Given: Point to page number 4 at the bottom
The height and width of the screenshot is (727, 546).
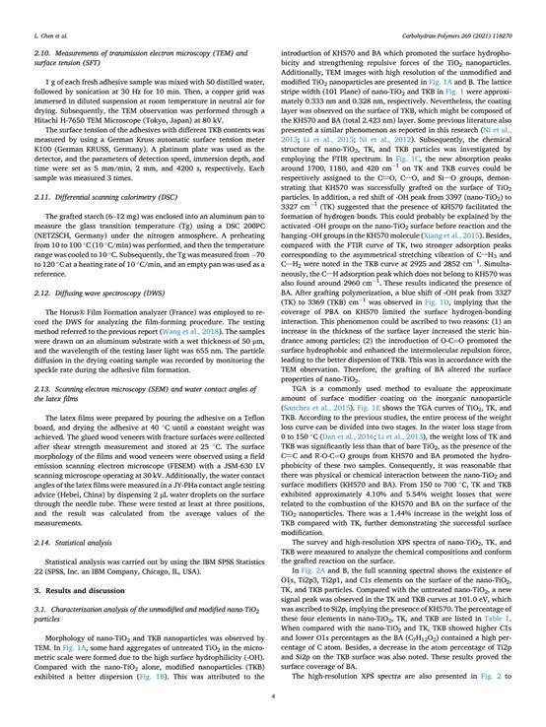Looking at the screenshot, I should tap(272, 696).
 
